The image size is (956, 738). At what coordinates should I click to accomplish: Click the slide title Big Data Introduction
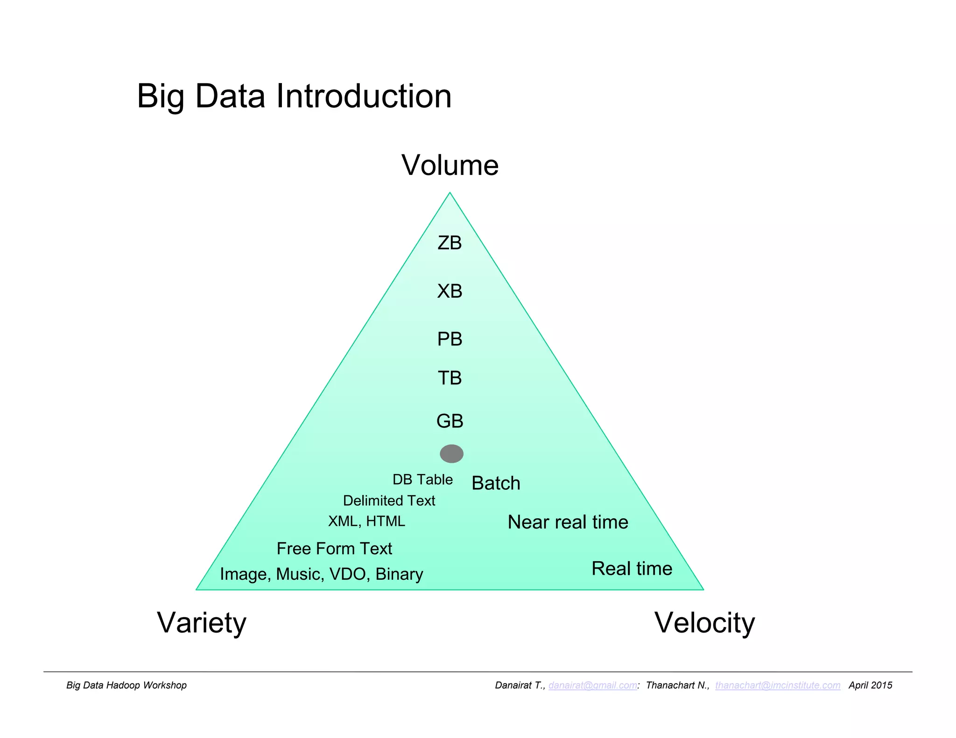pos(294,96)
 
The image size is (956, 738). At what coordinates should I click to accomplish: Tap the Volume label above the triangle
pos(450,165)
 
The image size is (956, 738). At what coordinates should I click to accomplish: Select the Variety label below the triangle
pos(201,622)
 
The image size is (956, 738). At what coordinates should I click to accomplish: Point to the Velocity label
pos(704,622)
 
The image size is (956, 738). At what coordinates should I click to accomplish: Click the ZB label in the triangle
pos(450,243)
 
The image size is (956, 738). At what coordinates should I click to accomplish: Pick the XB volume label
pos(450,291)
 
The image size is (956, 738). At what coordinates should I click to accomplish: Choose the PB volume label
pos(450,339)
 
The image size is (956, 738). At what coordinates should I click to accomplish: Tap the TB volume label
pos(450,378)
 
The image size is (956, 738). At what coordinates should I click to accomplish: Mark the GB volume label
pos(450,421)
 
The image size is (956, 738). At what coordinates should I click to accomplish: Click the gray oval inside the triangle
pos(451,453)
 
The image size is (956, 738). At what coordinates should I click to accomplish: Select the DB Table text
pos(422,480)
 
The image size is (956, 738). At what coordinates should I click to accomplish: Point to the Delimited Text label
pos(389,501)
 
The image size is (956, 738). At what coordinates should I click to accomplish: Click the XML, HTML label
pos(366,521)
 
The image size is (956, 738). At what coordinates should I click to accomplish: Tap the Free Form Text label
pos(334,549)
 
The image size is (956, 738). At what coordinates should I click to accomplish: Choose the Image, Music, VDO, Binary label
pos(322,574)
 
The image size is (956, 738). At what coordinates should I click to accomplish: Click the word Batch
pos(496,483)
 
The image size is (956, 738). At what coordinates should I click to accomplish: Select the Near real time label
pos(568,522)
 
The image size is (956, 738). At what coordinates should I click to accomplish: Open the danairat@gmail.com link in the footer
pos(592,685)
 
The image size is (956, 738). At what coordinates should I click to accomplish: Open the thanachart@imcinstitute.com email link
pos(778,685)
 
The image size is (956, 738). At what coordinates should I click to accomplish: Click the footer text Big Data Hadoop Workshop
pos(127,685)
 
